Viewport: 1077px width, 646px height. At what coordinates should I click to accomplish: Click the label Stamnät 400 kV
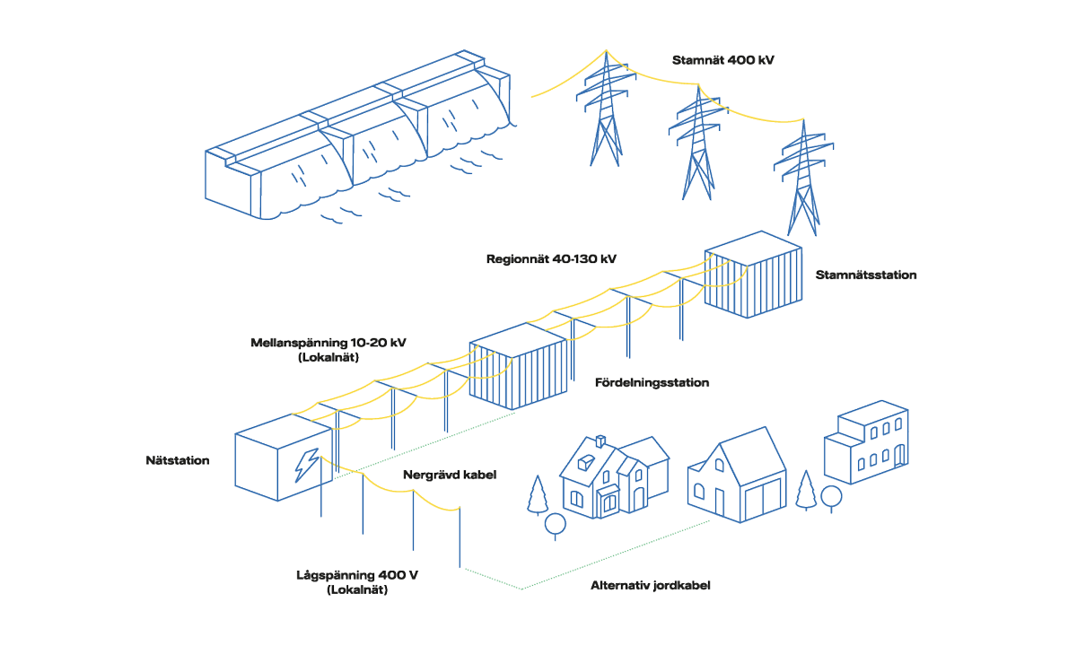click(x=722, y=60)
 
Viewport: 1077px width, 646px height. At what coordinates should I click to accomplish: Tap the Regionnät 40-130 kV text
click(x=551, y=258)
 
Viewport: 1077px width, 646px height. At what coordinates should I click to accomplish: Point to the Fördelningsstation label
click(x=652, y=383)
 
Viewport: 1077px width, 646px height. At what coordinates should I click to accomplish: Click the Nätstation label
click(x=178, y=460)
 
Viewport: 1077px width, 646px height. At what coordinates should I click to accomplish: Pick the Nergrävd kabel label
click(x=449, y=474)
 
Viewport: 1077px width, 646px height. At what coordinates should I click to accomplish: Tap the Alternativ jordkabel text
click(x=650, y=586)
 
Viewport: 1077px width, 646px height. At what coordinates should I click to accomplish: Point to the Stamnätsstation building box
click(x=749, y=275)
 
